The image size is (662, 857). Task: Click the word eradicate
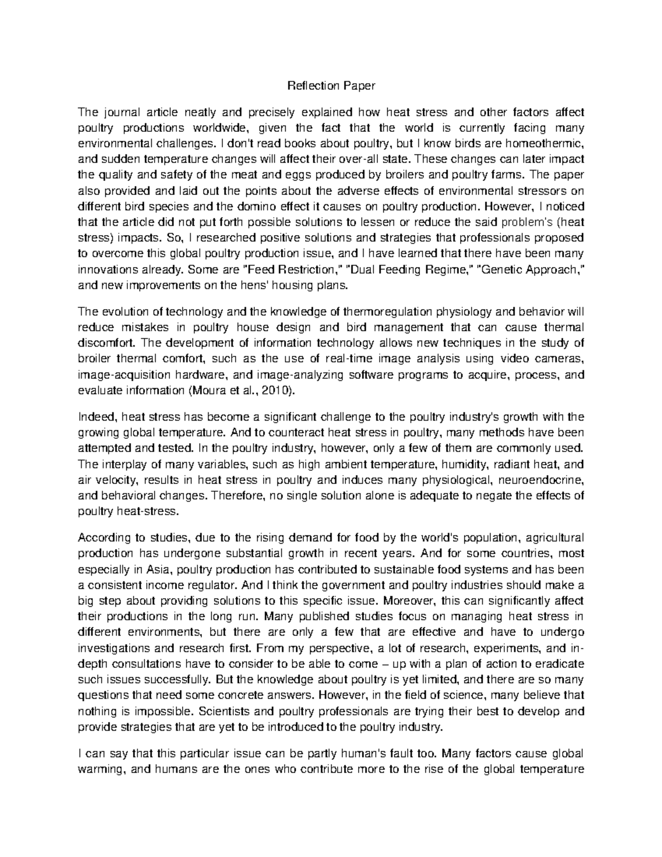[x=560, y=663]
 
